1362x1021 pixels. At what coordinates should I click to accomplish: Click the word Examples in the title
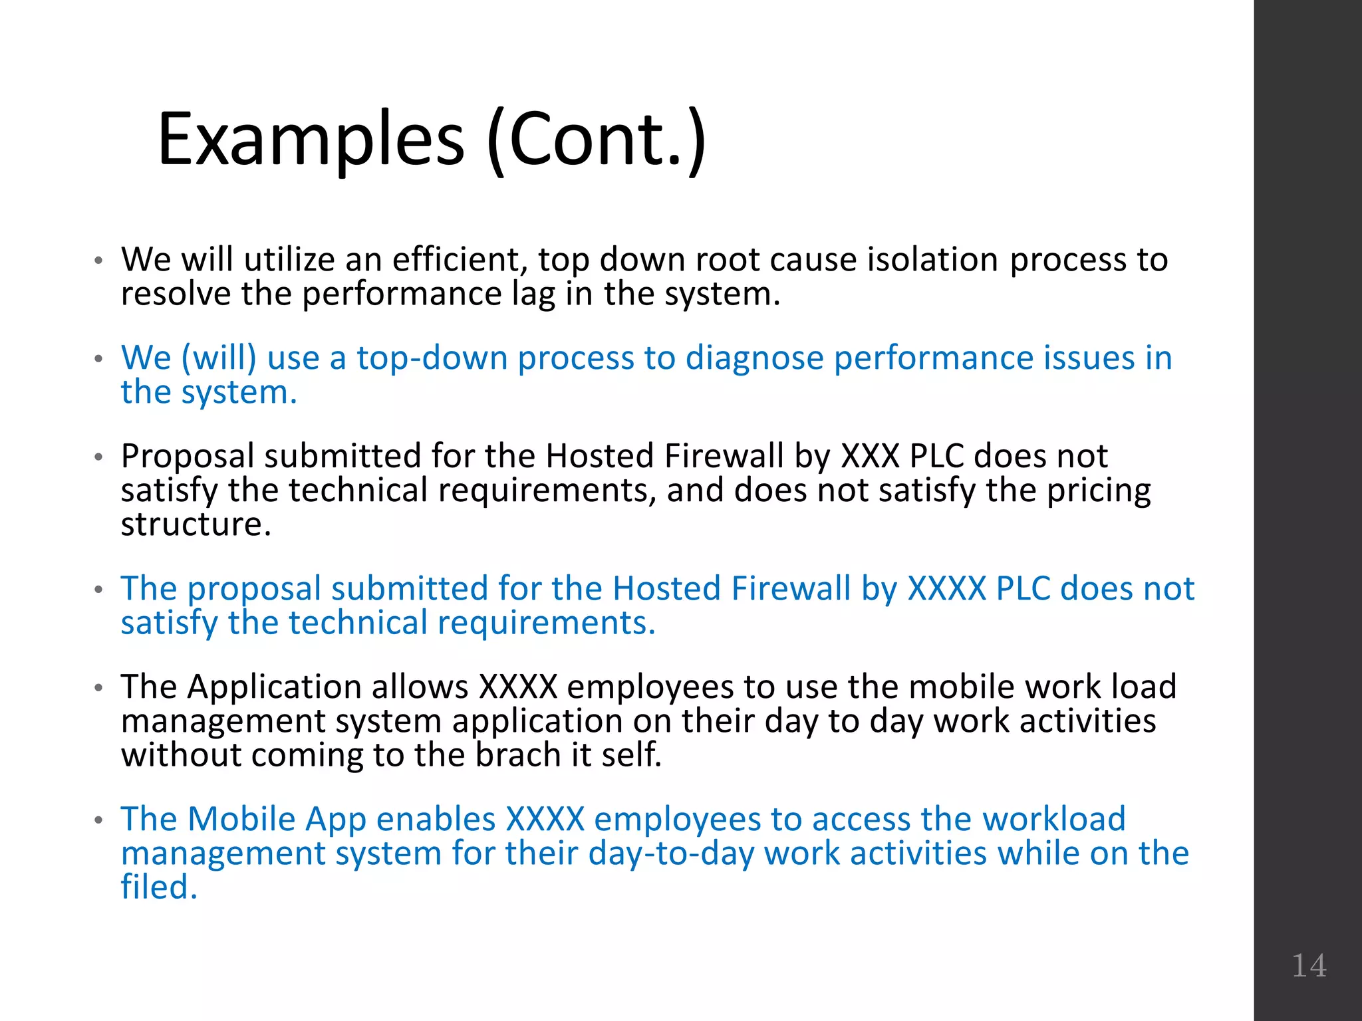pyautogui.click(x=311, y=140)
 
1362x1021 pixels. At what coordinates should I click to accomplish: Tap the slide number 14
pyautogui.click(x=1309, y=965)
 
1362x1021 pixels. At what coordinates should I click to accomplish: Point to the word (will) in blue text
pyautogui.click(x=219, y=358)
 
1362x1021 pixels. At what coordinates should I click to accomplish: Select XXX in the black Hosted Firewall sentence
pyautogui.click(x=870, y=456)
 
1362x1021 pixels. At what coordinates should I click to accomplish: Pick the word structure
pyautogui.click(x=196, y=524)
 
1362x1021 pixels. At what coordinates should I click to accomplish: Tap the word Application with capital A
pyautogui.click(x=274, y=687)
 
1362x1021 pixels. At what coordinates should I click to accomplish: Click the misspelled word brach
pyautogui.click(x=518, y=755)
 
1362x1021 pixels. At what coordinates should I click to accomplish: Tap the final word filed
pyautogui.click(x=159, y=887)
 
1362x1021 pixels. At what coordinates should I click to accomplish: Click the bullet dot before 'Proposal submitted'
pyautogui.click(x=98, y=457)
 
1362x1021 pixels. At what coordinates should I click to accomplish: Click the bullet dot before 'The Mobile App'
pyautogui.click(x=98, y=820)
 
